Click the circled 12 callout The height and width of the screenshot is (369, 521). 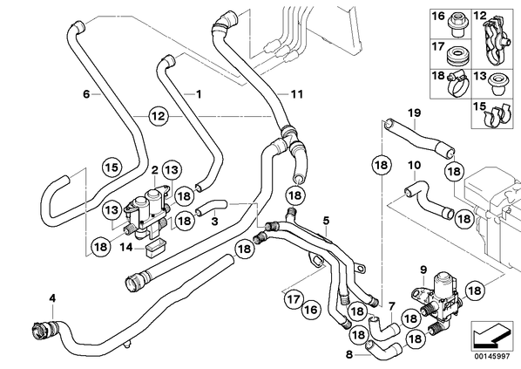click(159, 116)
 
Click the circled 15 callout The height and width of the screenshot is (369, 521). click(112, 167)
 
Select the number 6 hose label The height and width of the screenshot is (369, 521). click(86, 94)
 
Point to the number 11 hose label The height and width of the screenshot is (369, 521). click(297, 94)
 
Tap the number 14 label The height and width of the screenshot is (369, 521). click(126, 247)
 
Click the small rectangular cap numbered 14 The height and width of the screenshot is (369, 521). click(154, 249)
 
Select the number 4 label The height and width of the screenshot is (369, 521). click(52, 298)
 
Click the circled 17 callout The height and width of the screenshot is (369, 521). click(294, 299)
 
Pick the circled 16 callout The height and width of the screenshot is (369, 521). click(311, 310)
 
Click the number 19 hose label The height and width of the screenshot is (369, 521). click(415, 113)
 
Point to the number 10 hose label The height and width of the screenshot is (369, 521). click(414, 166)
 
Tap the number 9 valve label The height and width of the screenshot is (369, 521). click(423, 270)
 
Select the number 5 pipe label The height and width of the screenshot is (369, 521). click(326, 221)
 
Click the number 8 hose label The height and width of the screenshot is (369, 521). click(348, 355)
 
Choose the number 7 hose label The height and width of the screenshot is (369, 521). click(392, 305)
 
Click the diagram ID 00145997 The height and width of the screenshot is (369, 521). click(491, 357)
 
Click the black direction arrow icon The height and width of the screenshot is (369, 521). click(491, 335)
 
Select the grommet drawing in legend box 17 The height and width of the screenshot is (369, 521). click(457, 56)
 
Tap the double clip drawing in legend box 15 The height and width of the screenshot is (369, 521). click(497, 116)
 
